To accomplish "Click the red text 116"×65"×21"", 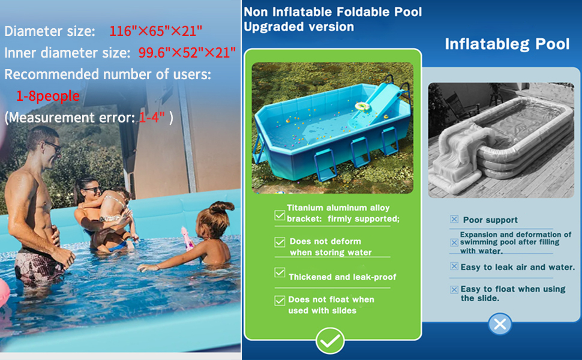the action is click(156, 31).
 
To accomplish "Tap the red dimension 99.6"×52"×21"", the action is click(187, 53).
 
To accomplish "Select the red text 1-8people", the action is click(48, 96).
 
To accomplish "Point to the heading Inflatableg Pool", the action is click(507, 44).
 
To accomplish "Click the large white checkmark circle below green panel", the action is click(330, 340).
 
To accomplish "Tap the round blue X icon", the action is click(500, 324).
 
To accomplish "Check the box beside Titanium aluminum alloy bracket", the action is click(280, 215).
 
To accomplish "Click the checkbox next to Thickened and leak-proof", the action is click(280, 272).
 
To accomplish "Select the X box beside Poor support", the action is click(454, 219).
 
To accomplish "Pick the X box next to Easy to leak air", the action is click(454, 266).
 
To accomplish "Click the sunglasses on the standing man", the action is click(53, 146).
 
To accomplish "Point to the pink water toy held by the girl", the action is click(187, 239).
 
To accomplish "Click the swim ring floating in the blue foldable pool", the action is click(362, 107).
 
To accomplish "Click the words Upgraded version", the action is click(299, 27).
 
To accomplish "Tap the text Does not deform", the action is click(325, 241).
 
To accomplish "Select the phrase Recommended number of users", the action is click(107, 74).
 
